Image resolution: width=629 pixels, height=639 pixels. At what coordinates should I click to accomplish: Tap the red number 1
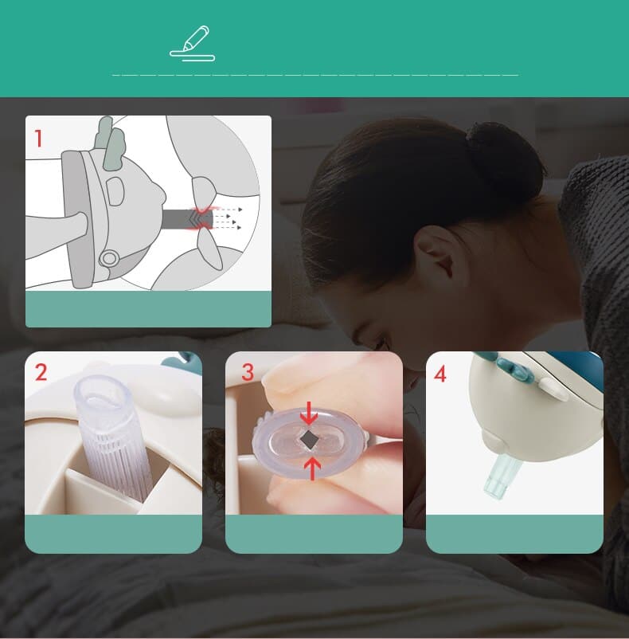tap(39, 138)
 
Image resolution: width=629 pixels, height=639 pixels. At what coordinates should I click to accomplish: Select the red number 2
tap(41, 372)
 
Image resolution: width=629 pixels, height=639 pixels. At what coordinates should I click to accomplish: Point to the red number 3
tap(248, 372)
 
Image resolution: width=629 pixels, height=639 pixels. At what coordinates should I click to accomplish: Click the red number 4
tap(440, 374)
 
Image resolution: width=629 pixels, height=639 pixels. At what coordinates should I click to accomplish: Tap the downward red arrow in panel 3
tap(309, 414)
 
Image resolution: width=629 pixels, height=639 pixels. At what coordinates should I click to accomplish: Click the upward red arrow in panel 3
tap(312, 468)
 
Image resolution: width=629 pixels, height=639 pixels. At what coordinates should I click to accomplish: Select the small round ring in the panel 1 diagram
tap(110, 258)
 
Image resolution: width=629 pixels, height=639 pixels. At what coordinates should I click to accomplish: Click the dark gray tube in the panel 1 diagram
tap(188, 219)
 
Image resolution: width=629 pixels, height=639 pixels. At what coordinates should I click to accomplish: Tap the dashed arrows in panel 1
tap(227, 218)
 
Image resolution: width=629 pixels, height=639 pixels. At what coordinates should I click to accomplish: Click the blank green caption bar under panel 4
tap(514, 534)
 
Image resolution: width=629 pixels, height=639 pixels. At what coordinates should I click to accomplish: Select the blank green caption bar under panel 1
tap(148, 309)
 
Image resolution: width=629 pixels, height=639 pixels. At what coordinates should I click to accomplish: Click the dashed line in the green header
tap(315, 76)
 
